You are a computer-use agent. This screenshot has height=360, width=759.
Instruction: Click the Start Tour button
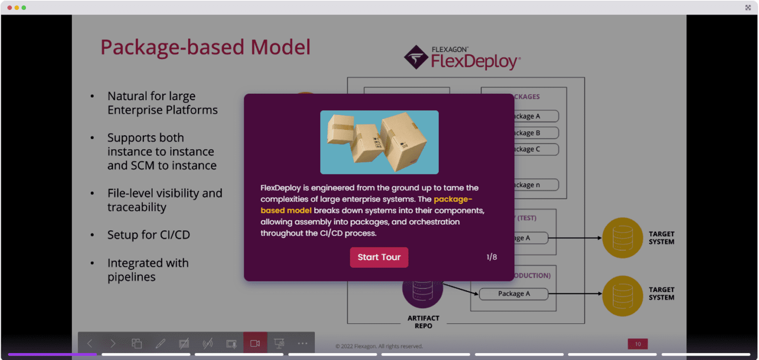(x=379, y=257)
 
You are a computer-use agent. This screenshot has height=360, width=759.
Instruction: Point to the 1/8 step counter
(x=491, y=257)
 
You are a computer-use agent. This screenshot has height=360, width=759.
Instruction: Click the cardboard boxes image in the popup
(x=379, y=142)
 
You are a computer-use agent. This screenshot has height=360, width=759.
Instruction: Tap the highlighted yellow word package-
(x=453, y=199)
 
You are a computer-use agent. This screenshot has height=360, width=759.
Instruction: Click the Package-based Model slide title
(x=206, y=47)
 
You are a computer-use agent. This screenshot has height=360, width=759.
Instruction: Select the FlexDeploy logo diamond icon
(x=416, y=57)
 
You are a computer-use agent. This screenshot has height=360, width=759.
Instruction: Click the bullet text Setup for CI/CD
(x=148, y=235)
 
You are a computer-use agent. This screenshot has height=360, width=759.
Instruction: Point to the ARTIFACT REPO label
(x=423, y=322)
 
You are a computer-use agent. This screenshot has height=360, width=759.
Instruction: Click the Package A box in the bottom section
(x=513, y=294)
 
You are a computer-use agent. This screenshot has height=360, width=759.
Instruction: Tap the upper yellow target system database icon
(x=622, y=238)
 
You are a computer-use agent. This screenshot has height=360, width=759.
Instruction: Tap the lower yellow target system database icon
(x=622, y=294)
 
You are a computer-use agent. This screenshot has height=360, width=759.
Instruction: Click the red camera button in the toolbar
(x=255, y=343)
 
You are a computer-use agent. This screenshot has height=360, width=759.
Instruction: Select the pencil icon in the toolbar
(x=160, y=344)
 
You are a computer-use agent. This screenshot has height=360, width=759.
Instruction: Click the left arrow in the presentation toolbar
(x=90, y=344)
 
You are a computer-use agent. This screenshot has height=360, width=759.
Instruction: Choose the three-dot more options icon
(x=302, y=344)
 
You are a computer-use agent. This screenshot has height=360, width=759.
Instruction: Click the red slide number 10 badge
(x=637, y=344)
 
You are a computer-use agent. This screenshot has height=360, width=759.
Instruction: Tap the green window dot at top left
(x=24, y=7)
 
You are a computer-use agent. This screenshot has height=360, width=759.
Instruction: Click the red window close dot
(x=9, y=7)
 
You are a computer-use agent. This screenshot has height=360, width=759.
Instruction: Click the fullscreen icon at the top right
(x=748, y=7)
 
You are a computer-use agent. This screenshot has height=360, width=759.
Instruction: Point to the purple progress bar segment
(x=52, y=354)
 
